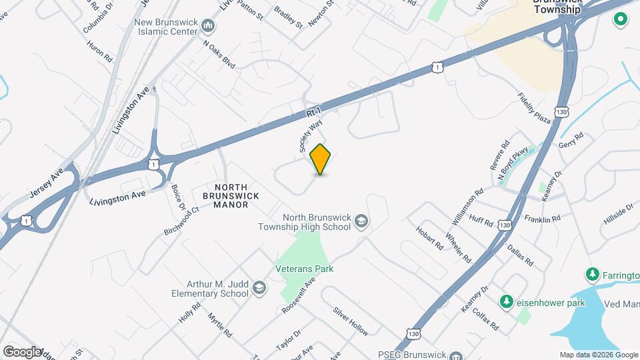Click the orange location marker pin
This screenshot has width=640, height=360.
[321, 159]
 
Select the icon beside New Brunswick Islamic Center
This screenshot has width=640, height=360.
[209, 27]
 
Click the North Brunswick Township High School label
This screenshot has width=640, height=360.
[304, 221]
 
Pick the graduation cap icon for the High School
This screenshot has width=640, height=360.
[361, 221]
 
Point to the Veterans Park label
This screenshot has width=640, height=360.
[304, 269]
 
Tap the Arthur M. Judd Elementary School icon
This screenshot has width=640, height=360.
[259, 289]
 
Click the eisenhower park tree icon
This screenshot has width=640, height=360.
[506, 302]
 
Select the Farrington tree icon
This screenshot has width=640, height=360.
[591, 275]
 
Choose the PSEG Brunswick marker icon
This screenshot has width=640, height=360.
[456, 355]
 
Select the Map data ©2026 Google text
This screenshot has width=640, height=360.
[598, 355]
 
